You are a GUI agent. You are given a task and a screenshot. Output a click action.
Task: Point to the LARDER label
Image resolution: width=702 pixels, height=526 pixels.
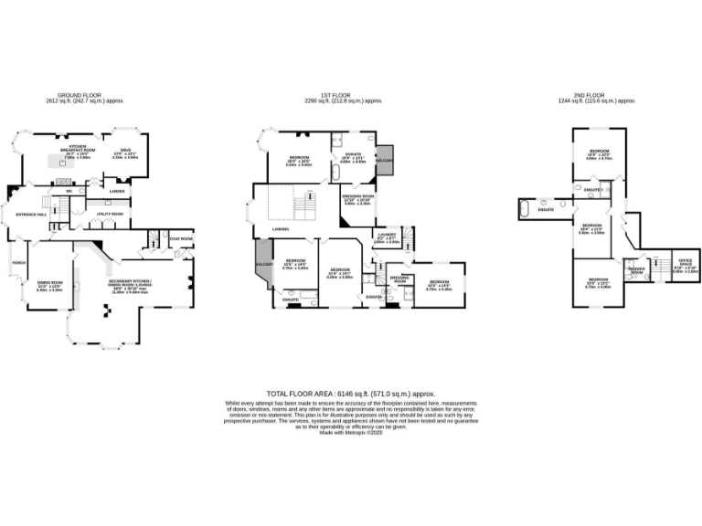[117, 191]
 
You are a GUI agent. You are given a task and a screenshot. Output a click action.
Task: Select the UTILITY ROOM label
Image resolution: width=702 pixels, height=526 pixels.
[111, 214]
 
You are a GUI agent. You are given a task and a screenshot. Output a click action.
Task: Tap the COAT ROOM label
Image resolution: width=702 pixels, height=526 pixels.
[181, 239]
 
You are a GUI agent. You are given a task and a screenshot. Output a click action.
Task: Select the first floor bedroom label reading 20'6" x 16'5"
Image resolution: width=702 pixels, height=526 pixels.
[298, 161]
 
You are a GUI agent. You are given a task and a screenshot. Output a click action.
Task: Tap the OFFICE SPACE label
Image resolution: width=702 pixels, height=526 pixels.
[686, 265]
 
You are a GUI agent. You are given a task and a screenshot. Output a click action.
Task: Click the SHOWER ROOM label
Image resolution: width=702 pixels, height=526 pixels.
[636, 269]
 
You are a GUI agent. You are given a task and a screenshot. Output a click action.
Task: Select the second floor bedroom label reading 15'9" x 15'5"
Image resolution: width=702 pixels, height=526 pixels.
[600, 154]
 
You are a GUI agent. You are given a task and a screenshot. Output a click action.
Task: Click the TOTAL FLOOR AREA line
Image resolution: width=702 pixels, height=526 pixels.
[351, 391]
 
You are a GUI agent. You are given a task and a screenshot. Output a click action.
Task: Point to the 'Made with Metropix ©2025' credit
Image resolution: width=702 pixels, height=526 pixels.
[351, 433]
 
